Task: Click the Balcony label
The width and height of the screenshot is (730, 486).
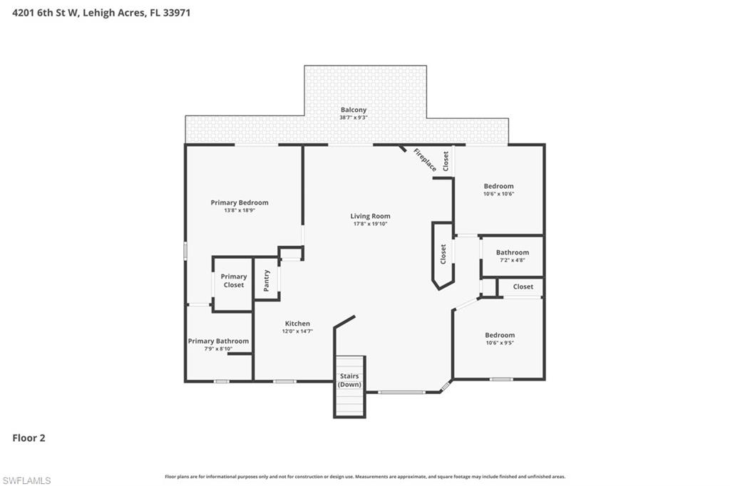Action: pos(353,110)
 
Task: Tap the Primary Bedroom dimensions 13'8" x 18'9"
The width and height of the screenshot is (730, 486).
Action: pos(240,212)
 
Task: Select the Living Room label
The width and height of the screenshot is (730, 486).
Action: pos(370,216)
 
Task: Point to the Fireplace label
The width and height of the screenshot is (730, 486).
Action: pos(425,160)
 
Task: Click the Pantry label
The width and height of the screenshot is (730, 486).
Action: pos(267,280)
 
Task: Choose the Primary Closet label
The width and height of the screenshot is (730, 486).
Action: pos(233,281)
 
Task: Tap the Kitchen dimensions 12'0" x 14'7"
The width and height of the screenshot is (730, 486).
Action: pos(297,331)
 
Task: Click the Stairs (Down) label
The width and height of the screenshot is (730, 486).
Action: pos(349,381)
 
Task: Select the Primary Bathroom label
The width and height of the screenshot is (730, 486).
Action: pos(218,341)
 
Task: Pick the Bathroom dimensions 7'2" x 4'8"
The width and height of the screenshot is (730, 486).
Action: pos(513,261)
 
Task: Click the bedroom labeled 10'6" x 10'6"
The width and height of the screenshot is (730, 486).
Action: pos(498,190)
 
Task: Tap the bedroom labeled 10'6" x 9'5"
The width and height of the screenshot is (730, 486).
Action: pos(500,338)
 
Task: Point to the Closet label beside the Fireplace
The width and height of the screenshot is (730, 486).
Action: pos(446,161)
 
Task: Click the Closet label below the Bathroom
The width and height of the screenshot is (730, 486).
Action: pos(523,286)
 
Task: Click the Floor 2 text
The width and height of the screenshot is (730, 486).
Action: pos(29,438)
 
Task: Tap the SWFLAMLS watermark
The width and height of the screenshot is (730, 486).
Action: pos(26,480)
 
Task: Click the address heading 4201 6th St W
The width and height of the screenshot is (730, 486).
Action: pos(101,12)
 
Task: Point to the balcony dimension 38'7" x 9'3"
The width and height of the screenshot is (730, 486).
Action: pos(353,118)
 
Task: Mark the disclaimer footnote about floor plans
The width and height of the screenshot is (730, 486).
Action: pos(365,477)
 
